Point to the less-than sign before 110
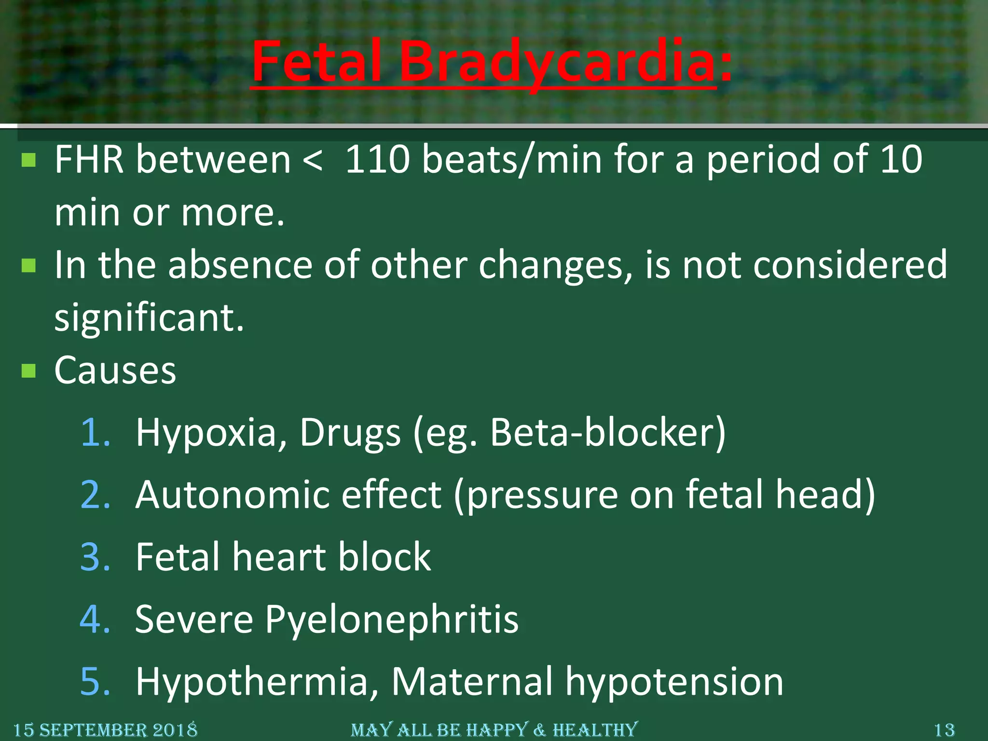[x=313, y=160]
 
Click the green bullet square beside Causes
[x=29, y=370]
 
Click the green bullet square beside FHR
[x=29, y=160]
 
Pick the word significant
[x=149, y=318]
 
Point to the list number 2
[x=95, y=494]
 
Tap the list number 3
[x=95, y=557]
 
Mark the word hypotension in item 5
[x=674, y=682]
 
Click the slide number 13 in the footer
[x=944, y=730]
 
